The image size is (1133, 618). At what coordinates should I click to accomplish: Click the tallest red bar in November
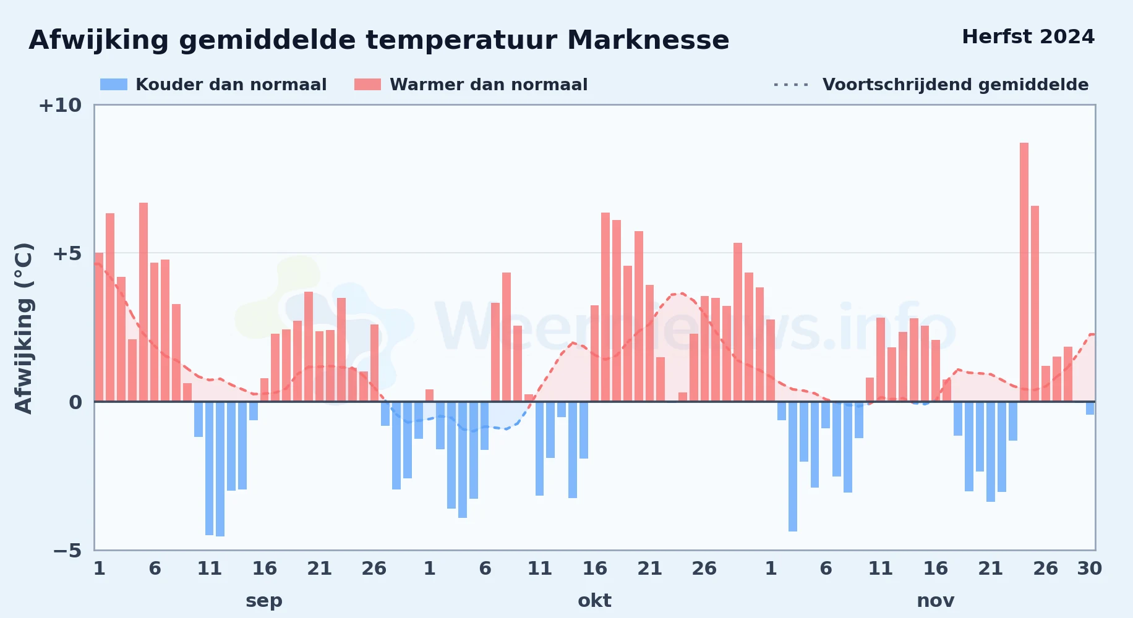(1024, 272)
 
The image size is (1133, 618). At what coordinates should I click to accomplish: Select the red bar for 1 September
(99, 327)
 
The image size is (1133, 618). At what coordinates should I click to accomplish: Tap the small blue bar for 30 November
(1090, 408)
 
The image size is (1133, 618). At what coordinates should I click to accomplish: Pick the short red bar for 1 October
(430, 396)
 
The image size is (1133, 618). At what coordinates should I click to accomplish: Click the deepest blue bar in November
(793, 467)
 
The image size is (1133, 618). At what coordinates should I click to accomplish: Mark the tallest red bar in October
(605, 307)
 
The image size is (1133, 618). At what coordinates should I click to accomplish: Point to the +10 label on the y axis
(60, 106)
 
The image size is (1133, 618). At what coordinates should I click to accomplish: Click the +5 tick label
(67, 253)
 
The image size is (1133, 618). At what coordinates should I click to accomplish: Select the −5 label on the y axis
(67, 551)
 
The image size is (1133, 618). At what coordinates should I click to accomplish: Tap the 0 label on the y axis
(75, 402)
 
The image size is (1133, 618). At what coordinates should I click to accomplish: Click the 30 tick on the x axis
(1090, 569)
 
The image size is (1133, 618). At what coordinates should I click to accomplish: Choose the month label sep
(264, 601)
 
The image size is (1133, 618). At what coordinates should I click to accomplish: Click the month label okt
(594, 601)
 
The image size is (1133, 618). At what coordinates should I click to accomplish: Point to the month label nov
(936, 601)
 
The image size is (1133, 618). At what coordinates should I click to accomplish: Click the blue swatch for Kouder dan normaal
(114, 85)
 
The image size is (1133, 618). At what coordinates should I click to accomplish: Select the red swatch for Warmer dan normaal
(367, 85)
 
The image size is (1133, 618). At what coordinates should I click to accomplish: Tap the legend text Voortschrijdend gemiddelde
(956, 85)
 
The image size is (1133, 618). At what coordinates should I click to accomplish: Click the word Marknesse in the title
(648, 40)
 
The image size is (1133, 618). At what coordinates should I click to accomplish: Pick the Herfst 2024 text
(1028, 37)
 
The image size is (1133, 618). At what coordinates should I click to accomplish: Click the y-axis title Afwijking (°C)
(24, 328)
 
